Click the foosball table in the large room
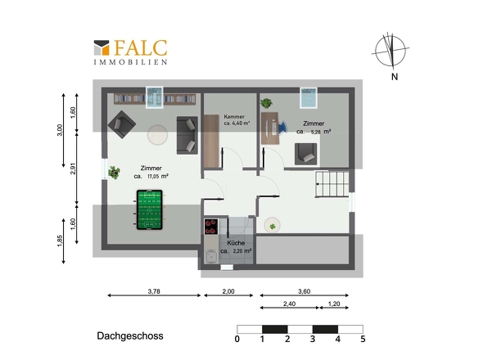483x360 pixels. pos(150,209)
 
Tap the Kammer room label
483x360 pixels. pos(234,116)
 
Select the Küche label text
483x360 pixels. pos(236,243)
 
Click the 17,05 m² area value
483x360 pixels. pos(158,177)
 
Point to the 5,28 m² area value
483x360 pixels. pos(321,132)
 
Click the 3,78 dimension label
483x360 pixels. pos(154,291)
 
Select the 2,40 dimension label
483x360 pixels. pos(289,304)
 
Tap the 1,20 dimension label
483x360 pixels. pos(334,304)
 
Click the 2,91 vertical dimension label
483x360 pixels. pos(73,169)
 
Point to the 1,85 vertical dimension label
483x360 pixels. pos(60,241)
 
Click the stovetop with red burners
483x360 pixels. pos(211,227)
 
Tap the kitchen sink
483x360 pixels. pos(211,256)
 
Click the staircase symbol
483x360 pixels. pos(332,184)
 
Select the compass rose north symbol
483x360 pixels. pos(390,52)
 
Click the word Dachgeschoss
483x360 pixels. pos(130,335)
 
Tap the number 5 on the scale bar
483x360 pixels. pos(363,339)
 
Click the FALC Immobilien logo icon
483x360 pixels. pos(102,47)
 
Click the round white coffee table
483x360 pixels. pos(157,134)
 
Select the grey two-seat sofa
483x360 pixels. pos(187,135)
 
